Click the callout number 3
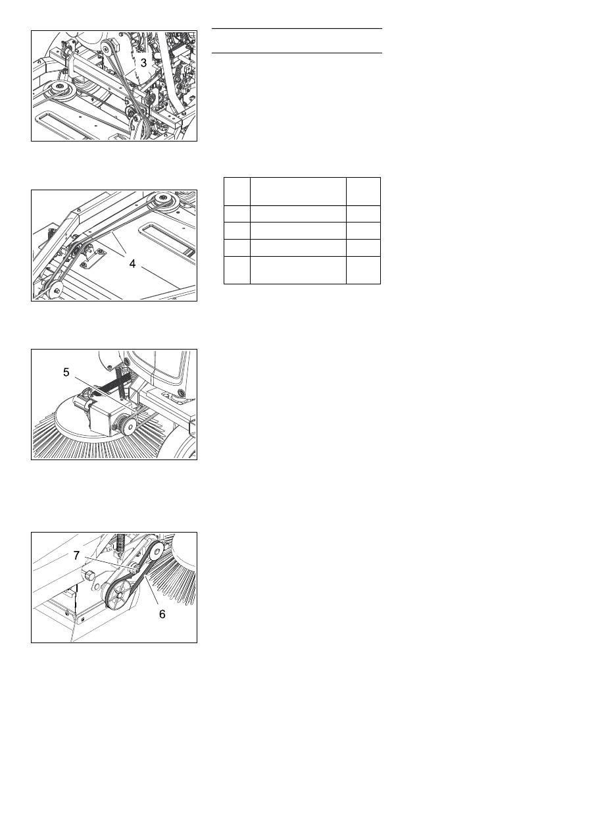click(143, 63)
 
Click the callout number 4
click(132, 264)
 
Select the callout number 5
click(66, 372)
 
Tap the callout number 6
click(162, 614)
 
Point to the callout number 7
click(76, 556)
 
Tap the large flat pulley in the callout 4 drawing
click(162, 201)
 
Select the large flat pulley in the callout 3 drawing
click(59, 90)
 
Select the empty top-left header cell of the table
click(237, 192)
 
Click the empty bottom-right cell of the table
click(363, 270)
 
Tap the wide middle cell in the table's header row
click(298, 192)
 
